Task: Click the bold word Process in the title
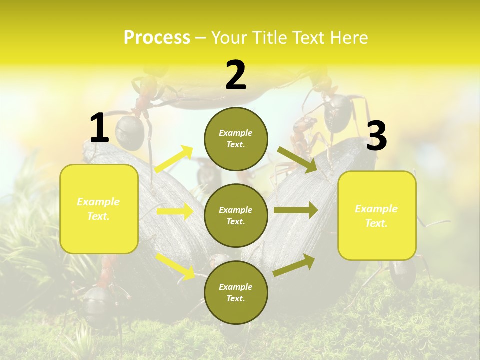tap(157, 38)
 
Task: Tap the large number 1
tap(99, 128)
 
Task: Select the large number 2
tap(236, 75)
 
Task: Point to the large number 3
tap(376, 136)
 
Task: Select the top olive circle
tap(236, 139)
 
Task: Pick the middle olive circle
tap(236, 215)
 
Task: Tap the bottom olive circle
tap(236, 292)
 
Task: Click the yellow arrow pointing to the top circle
tap(174, 159)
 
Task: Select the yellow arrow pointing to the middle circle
tap(175, 212)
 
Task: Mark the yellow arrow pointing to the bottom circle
tap(175, 266)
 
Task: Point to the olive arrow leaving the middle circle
tap(295, 210)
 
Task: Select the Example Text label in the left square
tap(98, 209)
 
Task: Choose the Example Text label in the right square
tap(376, 216)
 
